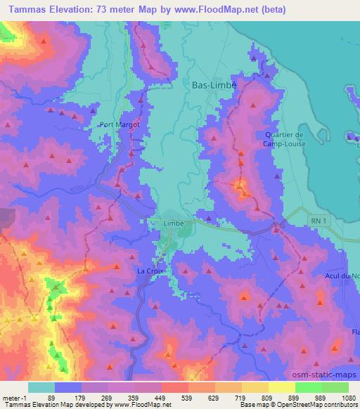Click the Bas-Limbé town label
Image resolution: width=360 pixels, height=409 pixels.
pyautogui.click(x=214, y=84)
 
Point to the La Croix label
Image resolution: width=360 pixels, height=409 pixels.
pyautogui.click(x=150, y=271)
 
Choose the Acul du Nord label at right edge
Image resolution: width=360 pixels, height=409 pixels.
pyautogui.click(x=344, y=274)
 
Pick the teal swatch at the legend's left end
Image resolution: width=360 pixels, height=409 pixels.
pyautogui.click(x=41, y=387)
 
